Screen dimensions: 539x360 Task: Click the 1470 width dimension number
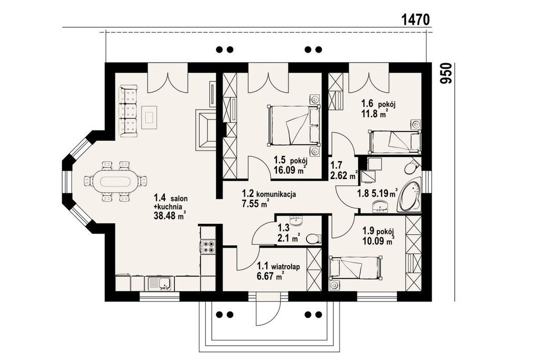click(x=416, y=19)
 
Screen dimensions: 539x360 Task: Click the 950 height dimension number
click(x=446, y=73)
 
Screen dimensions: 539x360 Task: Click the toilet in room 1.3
click(x=313, y=238)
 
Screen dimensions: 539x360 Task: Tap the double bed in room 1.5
click(x=294, y=125)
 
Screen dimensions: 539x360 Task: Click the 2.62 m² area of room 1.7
click(x=344, y=176)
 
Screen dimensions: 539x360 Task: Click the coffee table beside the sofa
click(x=149, y=117)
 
